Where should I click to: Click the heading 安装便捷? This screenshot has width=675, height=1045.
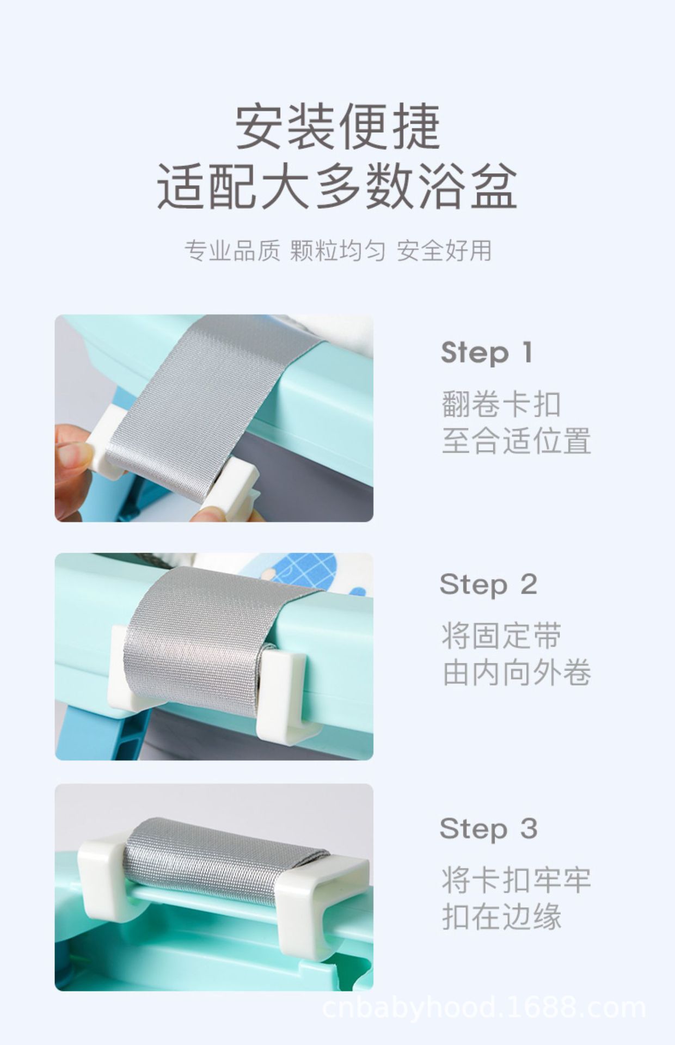pos(337,128)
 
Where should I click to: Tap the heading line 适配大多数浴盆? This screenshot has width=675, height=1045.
pos(337,188)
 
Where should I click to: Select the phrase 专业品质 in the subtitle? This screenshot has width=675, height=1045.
pos(232,251)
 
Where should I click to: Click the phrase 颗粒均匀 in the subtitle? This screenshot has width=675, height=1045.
pos(337,251)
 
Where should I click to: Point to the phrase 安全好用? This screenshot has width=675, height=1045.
pos(444,251)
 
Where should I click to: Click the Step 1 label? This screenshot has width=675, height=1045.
pos(486,353)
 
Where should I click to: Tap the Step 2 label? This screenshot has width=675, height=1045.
pos(488,585)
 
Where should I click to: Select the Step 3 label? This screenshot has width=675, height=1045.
pos(488,829)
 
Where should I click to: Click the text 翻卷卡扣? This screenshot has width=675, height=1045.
pos(501,404)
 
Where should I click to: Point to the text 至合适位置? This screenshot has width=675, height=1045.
pos(516,441)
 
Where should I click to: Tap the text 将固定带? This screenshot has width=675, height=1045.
pos(501,636)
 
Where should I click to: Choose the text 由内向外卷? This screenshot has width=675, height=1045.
pos(516,673)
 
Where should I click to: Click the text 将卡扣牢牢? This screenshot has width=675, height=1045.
pos(516,880)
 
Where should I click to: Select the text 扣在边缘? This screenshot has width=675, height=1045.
pos(501,917)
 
